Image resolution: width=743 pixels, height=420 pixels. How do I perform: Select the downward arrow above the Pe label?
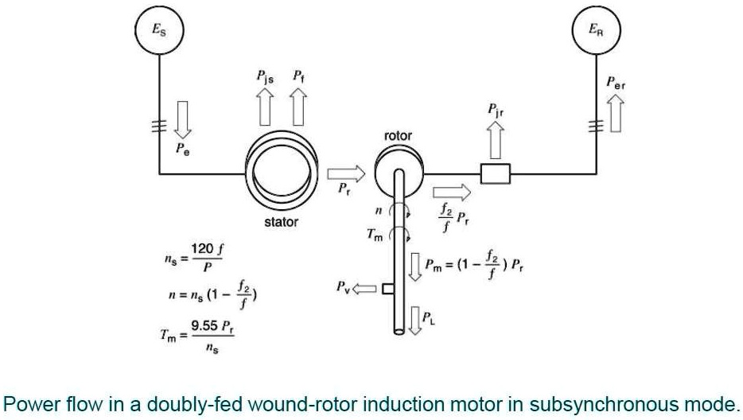(x=184, y=119)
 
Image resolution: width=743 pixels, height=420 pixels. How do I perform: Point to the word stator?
(x=281, y=222)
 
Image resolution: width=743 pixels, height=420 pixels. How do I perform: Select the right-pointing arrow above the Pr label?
(x=344, y=172)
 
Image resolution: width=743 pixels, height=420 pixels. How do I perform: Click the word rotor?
(x=398, y=136)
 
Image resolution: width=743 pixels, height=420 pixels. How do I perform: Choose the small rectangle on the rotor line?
(x=496, y=172)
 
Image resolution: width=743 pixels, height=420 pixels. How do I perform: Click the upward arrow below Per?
(x=615, y=113)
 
